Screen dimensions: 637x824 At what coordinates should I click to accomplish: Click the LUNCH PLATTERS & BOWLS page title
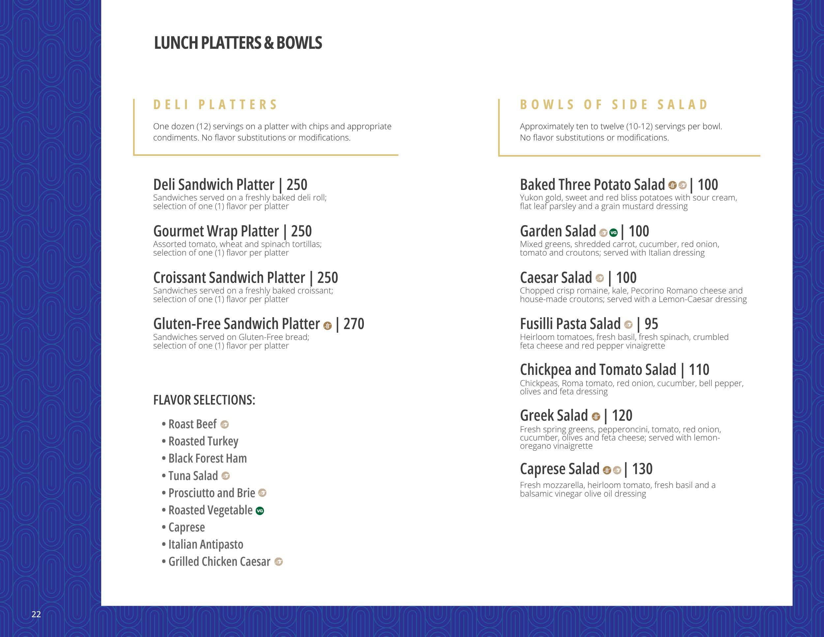238,43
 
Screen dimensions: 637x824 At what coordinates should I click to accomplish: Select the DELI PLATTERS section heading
216,105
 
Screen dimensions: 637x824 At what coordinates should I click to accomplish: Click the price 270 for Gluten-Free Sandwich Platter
354,324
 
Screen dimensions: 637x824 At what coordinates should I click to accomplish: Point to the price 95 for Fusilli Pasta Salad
651,324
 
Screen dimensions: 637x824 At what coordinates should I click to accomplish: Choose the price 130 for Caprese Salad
642,469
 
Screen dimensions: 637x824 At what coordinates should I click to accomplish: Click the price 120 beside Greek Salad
622,416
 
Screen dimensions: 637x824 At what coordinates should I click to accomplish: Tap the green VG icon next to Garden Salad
613,232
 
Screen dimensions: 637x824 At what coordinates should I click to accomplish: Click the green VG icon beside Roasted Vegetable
260,511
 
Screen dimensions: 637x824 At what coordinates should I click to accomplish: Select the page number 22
36,614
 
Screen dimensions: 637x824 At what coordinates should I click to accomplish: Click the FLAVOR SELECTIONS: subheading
204,400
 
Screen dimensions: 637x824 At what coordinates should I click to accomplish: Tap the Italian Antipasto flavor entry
206,545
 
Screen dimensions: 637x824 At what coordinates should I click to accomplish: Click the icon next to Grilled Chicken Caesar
279,562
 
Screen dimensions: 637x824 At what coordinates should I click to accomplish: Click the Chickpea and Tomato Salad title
598,370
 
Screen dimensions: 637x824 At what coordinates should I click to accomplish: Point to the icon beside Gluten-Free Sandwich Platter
328,326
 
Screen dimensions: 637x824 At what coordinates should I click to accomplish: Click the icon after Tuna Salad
226,476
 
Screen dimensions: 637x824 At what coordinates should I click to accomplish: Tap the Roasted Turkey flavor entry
203,441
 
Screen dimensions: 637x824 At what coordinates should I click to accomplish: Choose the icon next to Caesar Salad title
600,279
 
